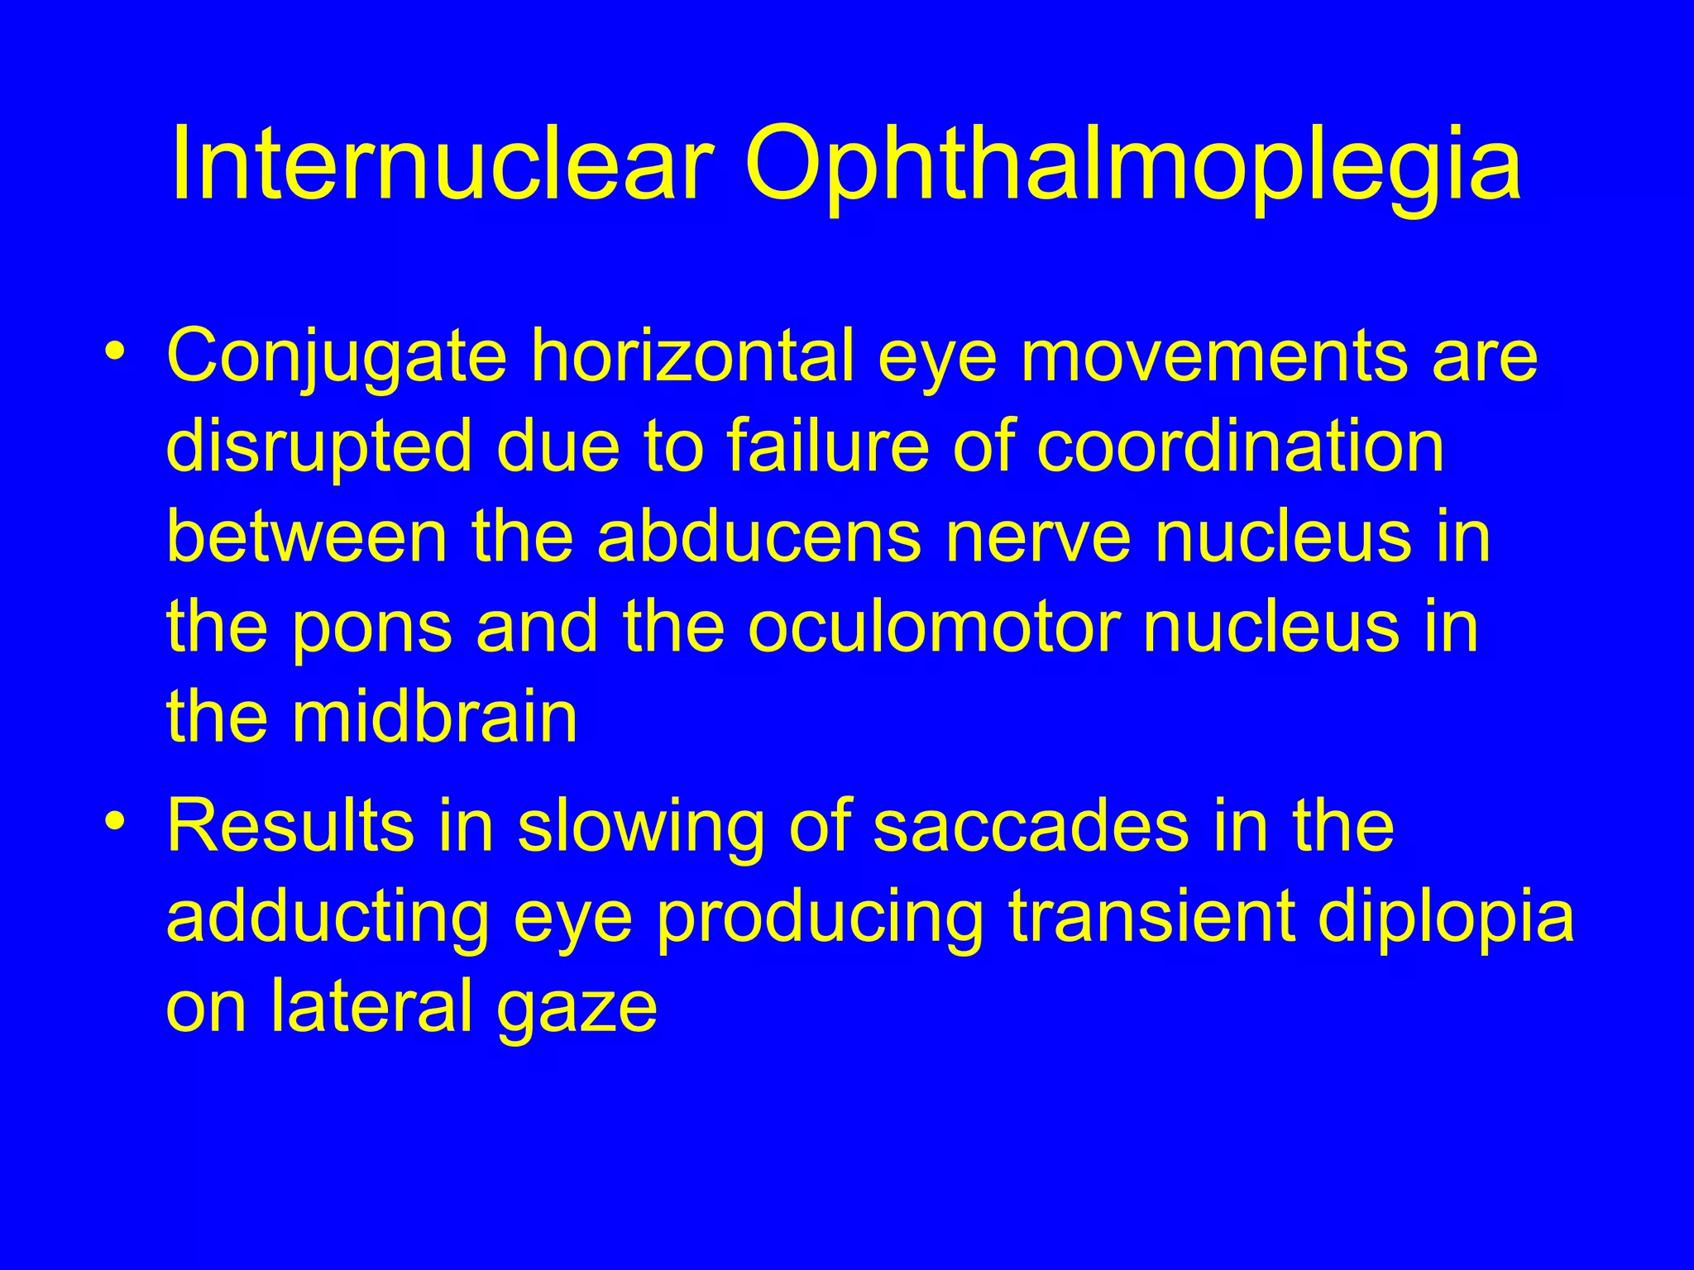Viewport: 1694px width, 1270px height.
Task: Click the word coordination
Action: point(1241,446)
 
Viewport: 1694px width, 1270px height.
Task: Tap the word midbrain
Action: point(433,716)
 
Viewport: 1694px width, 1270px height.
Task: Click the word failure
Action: point(827,446)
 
